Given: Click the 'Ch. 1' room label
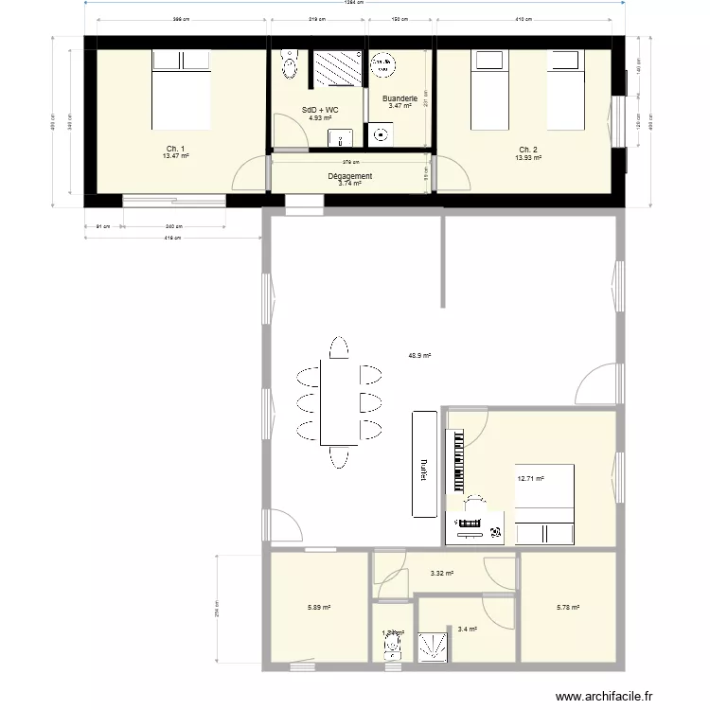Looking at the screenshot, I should coord(175,150).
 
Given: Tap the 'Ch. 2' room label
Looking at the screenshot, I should coord(528,150).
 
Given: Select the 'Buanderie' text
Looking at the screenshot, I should coord(399,98).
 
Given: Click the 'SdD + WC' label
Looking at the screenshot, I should coord(320,111).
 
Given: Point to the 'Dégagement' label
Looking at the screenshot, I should coord(349,176).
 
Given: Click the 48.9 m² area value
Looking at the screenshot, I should coord(419,356).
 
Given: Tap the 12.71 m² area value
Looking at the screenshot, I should coord(530,479).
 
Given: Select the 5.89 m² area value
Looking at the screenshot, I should coord(319,608).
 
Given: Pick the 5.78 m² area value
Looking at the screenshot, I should coord(568,608).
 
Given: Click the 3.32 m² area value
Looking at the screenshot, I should coord(442,574).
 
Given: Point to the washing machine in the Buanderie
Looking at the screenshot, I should coord(382,65).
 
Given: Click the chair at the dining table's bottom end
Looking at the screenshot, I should coord(338,459).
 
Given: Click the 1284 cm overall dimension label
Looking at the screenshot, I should coord(355,4).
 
